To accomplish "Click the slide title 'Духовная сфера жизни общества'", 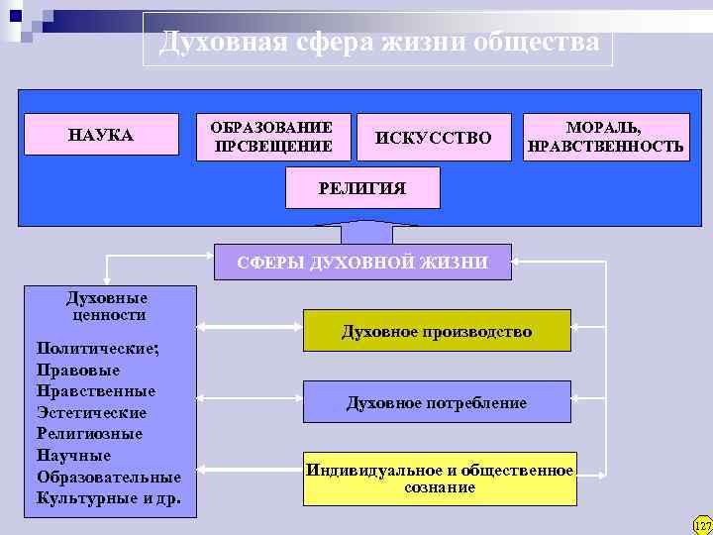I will tap(378, 43).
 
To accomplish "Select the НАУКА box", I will tap(100, 135).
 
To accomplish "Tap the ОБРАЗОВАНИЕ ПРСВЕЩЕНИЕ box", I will tap(270, 138).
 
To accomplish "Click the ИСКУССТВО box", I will tap(434, 138).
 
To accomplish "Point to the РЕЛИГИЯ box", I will tap(361, 188).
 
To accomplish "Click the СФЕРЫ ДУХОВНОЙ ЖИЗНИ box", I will tap(362, 263).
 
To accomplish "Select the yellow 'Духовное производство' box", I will tap(437, 331).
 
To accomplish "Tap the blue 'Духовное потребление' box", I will tap(437, 402).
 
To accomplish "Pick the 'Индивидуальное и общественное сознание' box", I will tap(440, 479).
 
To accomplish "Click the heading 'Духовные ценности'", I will tap(107, 306).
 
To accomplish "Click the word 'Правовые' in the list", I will tap(77, 370).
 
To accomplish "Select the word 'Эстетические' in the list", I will tap(91, 412).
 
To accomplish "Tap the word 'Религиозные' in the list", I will tap(89, 434).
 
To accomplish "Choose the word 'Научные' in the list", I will tap(73, 456).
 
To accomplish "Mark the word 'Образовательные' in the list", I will tap(108, 477).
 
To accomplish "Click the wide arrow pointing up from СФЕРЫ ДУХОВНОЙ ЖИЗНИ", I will tap(363, 232).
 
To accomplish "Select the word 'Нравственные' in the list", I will tap(95, 390).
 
